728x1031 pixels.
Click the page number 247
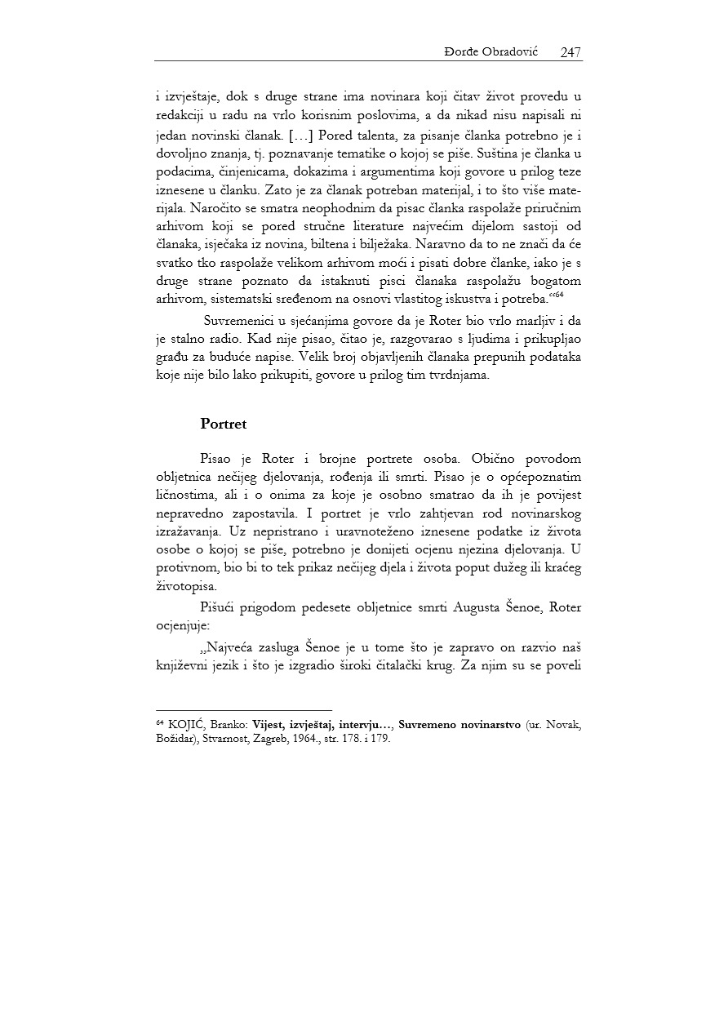[570, 52]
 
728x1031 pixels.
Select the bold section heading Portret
[223, 424]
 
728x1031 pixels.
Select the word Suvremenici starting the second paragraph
[240, 319]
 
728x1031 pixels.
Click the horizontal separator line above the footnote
[244, 710]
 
